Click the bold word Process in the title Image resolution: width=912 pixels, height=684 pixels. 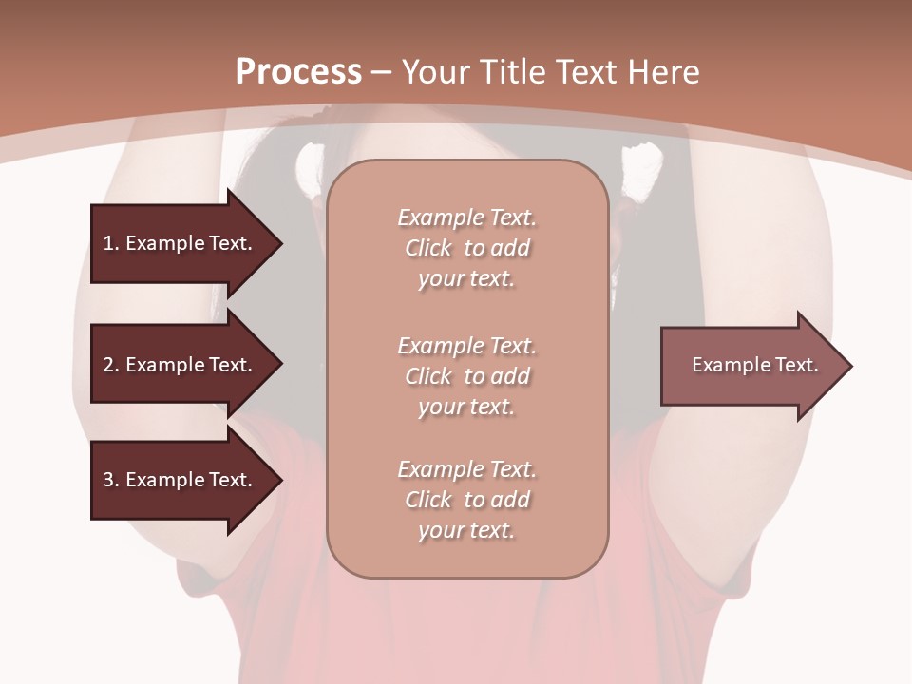point(298,72)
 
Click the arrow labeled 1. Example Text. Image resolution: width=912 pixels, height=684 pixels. point(180,243)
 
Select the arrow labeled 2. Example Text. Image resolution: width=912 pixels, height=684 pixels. point(180,365)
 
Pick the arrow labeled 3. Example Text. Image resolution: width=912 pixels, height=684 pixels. point(180,480)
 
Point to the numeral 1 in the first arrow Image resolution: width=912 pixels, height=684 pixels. point(108,243)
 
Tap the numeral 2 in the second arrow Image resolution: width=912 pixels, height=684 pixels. point(108,365)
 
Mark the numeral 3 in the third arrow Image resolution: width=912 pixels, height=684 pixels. point(108,480)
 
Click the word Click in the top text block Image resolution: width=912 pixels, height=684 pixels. point(428,248)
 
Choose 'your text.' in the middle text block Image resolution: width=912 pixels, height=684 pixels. point(466,407)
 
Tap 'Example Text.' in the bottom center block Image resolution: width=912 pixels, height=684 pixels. point(466,469)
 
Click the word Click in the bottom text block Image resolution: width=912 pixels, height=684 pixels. point(428,500)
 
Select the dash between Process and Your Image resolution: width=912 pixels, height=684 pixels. point(381,73)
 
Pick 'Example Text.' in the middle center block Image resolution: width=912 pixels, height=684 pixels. point(466,346)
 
